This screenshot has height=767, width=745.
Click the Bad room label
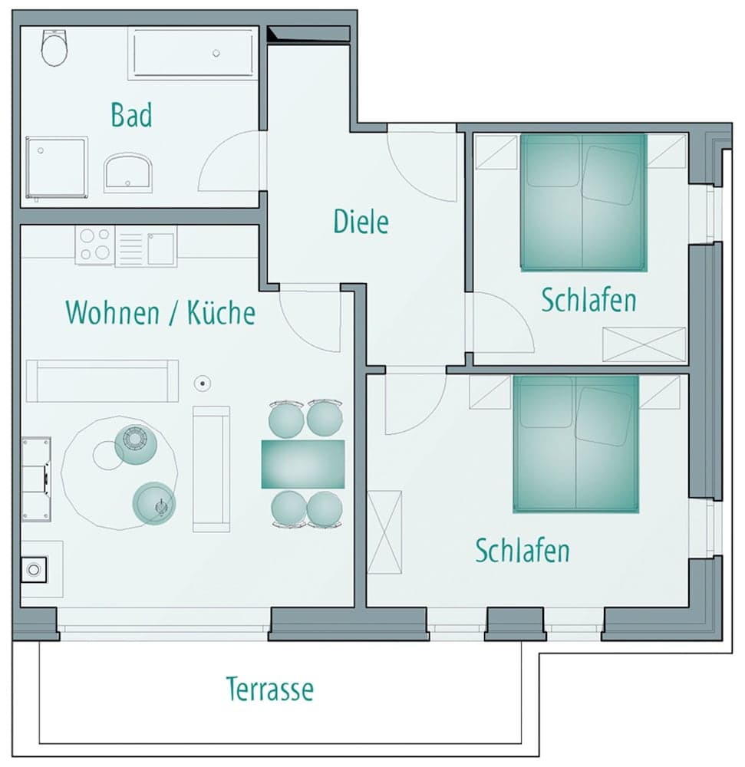click(x=131, y=115)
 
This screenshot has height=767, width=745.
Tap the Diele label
click(x=361, y=222)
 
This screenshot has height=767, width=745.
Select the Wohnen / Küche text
click(x=160, y=313)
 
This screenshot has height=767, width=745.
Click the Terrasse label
click(x=269, y=689)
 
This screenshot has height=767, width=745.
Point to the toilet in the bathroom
click(x=54, y=48)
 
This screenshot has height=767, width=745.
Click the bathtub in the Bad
click(x=193, y=53)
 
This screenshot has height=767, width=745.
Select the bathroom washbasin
click(x=128, y=171)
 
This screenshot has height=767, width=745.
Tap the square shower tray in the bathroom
click(x=56, y=167)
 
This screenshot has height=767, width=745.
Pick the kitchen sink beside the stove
click(x=160, y=248)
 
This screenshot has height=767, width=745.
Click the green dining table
click(x=302, y=464)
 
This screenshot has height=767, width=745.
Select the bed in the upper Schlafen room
click(x=583, y=202)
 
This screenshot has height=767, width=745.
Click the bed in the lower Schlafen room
click(x=575, y=443)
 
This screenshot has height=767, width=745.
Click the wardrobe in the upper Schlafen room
click(x=644, y=344)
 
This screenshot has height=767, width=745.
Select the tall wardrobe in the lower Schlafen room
click(x=384, y=532)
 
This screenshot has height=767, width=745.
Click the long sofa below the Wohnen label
click(x=102, y=380)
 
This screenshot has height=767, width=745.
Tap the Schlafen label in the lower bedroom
click(x=522, y=551)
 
